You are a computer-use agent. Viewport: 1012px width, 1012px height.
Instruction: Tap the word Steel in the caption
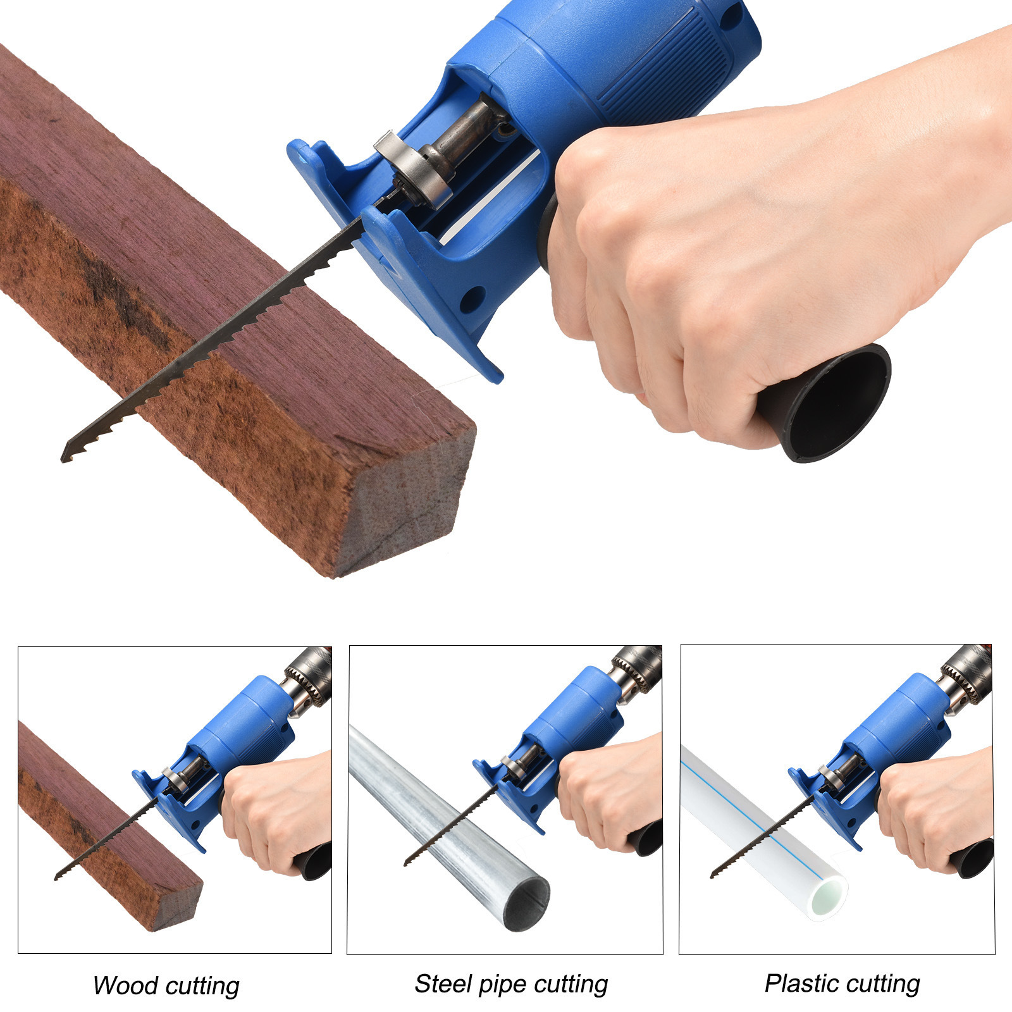tap(443, 984)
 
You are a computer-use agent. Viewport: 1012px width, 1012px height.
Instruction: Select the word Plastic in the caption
tap(801, 983)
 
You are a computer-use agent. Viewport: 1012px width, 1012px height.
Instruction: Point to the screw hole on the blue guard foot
tap(472, 299)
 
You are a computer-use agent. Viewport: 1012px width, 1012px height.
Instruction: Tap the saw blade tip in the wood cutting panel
tap(56, 877)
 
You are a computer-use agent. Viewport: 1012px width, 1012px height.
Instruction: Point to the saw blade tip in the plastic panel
tap(713, 874)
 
